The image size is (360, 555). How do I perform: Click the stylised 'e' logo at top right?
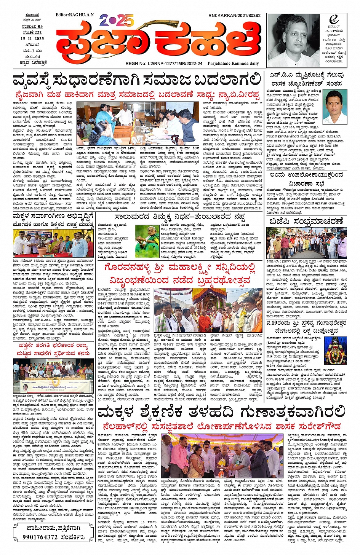click(x=334, y=20)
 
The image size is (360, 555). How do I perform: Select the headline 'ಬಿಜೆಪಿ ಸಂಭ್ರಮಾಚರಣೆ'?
click(x=306, y=221)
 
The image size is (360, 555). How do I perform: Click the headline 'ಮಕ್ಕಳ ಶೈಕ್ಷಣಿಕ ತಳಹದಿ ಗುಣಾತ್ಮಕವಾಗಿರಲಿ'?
click(x=221, y=412)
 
